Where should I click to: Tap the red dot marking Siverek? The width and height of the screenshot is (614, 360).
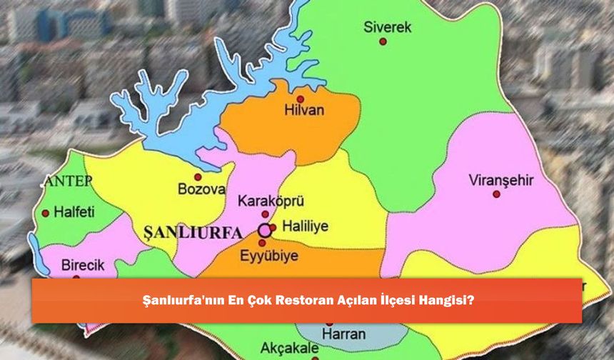[383, 41]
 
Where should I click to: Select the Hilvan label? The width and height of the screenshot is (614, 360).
[304, 110]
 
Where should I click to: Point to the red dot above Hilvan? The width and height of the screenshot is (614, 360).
[301, 99]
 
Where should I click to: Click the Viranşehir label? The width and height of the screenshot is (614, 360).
[500, 180]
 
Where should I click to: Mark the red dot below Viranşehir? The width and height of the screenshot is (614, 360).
[496, 194]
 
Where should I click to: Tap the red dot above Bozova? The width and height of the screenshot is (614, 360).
[198, 176]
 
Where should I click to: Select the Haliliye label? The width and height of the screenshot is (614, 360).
[305, 226]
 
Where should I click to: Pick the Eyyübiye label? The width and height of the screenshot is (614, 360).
[268, 255]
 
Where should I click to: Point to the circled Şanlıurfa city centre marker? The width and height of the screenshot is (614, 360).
[264, 230]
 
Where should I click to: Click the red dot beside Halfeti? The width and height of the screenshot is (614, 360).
[46, 213]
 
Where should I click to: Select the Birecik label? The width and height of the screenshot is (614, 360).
[82, 265]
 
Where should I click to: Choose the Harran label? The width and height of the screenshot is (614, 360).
[343, 334]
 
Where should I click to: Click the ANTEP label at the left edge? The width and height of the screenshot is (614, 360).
[68, 181]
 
